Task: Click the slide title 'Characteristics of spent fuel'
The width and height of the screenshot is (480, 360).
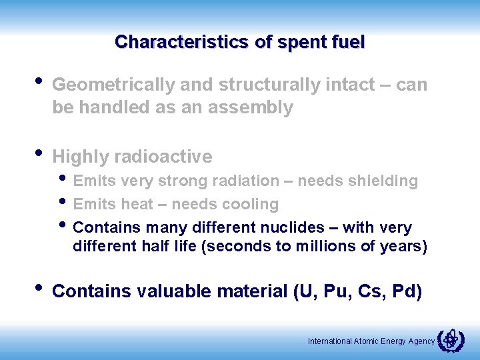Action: pos(239,42)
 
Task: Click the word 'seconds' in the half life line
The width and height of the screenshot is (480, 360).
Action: pos(234,246)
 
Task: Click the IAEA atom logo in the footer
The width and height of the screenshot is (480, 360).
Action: pos(451,340)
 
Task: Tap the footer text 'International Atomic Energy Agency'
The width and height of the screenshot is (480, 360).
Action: pos(371,341)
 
